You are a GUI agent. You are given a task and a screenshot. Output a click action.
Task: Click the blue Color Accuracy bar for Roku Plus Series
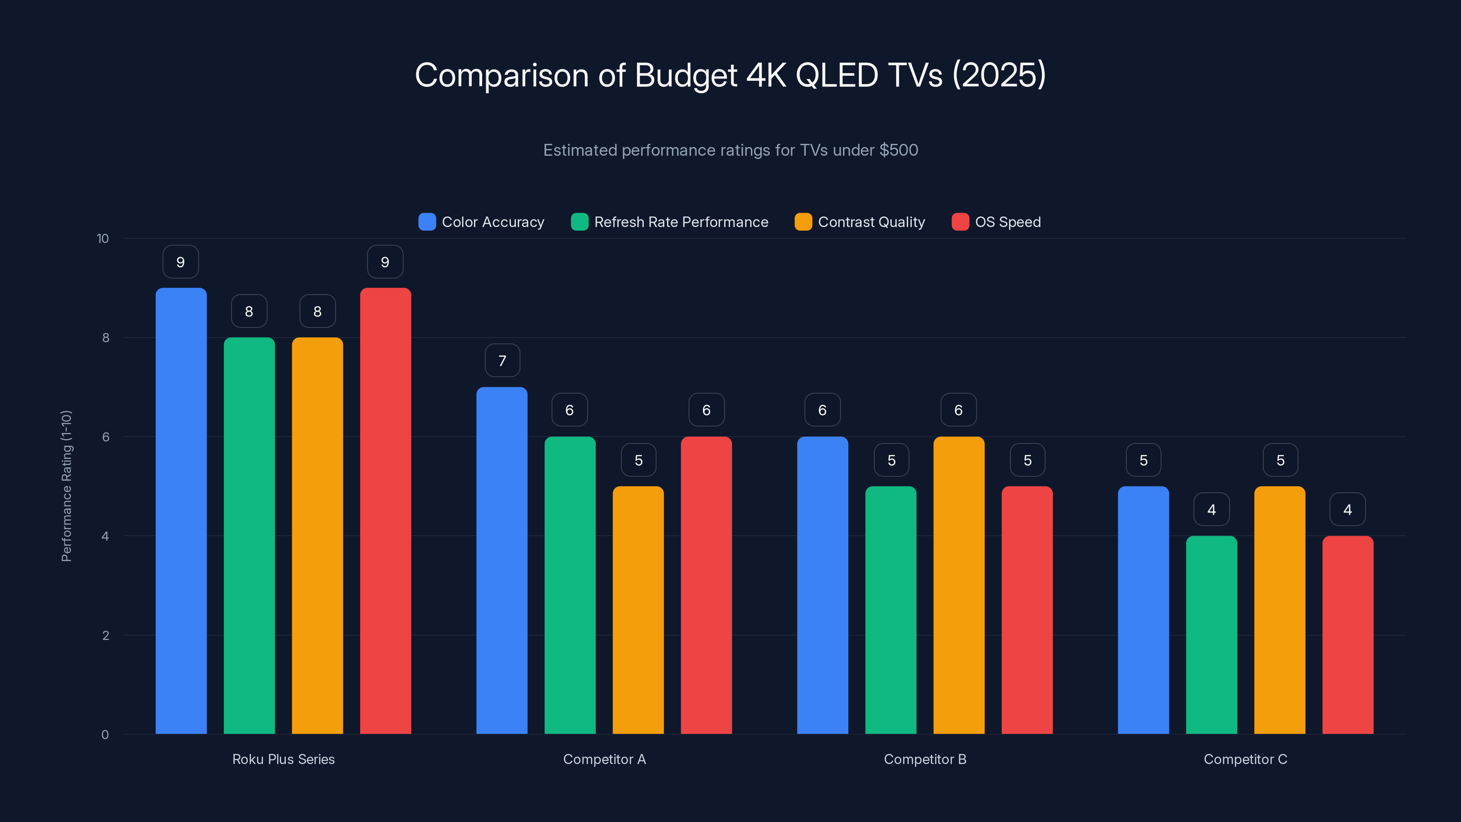click(x=181, y=511)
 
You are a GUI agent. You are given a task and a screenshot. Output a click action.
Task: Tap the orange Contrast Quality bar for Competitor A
click(x=638, y=610)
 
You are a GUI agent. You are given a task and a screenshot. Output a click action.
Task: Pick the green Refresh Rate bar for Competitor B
click(x=890, y=610)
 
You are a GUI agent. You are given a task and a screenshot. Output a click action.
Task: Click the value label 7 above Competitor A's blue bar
click(x=502, y=360)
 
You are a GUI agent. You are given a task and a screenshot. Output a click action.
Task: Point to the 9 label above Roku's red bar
click(x=385, y=262)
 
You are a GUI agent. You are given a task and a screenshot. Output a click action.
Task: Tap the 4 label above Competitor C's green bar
click(x=1211, y=510)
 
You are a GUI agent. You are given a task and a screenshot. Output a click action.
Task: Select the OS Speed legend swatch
click(x=960, y=222)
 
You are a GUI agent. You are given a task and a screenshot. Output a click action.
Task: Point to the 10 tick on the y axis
click(x=103, y=238)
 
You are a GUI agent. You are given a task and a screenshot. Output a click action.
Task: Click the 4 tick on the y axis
click(x=105, y=536)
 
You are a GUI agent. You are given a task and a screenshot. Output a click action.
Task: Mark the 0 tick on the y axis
click(x=105, y=735)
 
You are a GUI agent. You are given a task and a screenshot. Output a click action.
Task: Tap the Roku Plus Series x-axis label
click(x=283, y=759)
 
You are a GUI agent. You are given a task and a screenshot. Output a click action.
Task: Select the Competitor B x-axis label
click(x=925, y=759)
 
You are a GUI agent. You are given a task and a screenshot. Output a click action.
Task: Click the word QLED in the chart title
click(x=836, y=75)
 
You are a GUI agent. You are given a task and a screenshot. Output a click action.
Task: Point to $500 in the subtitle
click(x=899, y=150)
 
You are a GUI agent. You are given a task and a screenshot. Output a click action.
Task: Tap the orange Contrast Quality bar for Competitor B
click(x=958, y=585)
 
